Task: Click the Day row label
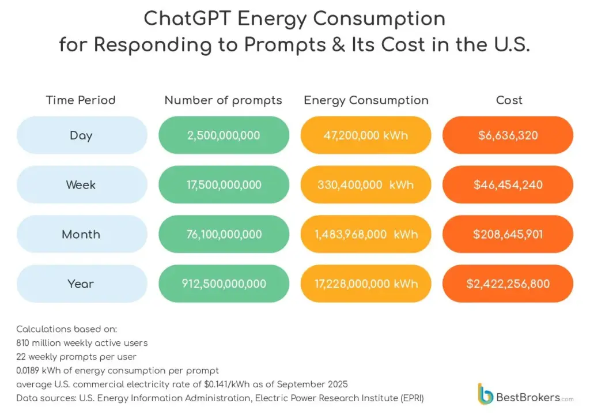pyautogui.click(x=81, y=135)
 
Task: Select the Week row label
pyautogui.click(x=81, y=185)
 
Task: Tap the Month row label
pyautogui.click(x=81, y=235)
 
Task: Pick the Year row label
pyautogui.click(x=81, y=284)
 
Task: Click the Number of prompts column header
pyautogui.click(x=223, y=100)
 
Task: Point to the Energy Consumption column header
pyautogui.click(x=366, y=100)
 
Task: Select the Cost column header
pyautogui.click(x=509, y=100)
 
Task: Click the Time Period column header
pyautogui.click(x=81, y=100)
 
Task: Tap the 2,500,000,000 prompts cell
pyautogui.click(x=224, y=135)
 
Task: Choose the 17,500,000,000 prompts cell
pyautogui.click(x=224, y=185)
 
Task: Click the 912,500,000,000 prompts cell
pyautogui.click(x=224, y=284)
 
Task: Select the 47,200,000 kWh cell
pyautogui.click(x=366, y=135)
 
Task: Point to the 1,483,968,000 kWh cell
pyautogui.click(x=366, y=235)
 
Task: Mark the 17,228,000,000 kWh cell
pyautogui.click(x=366, y=284)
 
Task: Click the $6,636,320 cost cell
pyautogui.click(x=508, y=135)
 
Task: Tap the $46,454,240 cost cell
pyautogui.click(x=508, y=185)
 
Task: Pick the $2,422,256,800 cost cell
pyautogui.click(x=508, y=284)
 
